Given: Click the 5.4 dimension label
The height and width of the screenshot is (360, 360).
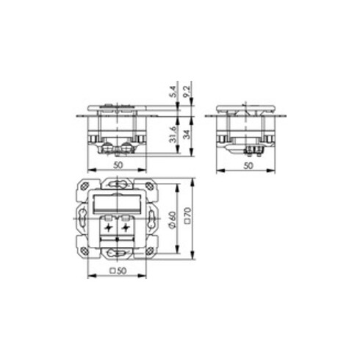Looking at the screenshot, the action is [173, 92].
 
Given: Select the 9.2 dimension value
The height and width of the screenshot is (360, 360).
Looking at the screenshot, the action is [187, 92].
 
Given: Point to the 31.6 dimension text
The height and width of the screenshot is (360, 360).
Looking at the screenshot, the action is [173, 134].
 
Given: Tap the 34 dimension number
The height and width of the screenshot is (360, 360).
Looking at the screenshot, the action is [187, 134].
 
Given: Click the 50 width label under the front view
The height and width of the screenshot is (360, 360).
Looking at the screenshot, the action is [118, 165].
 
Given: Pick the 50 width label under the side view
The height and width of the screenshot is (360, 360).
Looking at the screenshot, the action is [248, 166].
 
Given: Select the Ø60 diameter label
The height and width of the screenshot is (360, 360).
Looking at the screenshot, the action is [173, 220].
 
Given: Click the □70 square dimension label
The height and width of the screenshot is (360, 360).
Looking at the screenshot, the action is [188, 216].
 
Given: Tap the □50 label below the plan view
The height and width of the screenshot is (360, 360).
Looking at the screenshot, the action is [118, 271].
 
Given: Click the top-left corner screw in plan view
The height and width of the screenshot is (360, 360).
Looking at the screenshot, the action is [84, 186].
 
